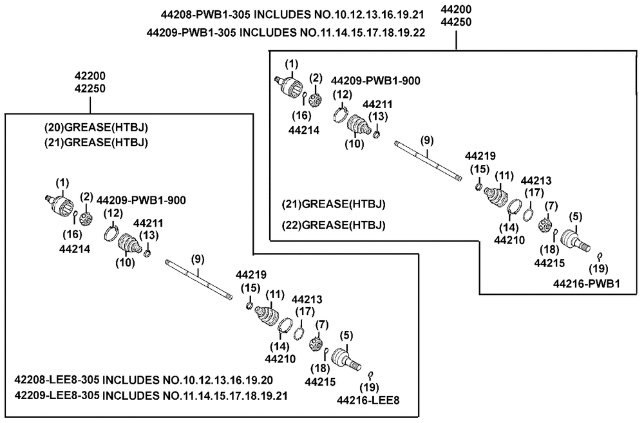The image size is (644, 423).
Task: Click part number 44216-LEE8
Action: [x=368, y=400]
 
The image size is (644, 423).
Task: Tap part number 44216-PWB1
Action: [x=586, y=283]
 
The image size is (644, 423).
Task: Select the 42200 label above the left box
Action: [x=90, y=76]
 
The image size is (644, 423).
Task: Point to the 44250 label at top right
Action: [x=456, y=22]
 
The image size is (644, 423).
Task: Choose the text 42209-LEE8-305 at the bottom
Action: [x=57, y=395]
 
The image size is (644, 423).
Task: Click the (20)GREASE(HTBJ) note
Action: [x=96, y=127]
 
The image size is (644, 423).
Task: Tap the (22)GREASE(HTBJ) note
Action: [x=334, y=225]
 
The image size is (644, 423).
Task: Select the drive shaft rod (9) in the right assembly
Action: [x=428, y=161]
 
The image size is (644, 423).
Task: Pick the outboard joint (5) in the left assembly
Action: [x=346, y=359]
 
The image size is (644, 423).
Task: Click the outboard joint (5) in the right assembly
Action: [x=575, y=241]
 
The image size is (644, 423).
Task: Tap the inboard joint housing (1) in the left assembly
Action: [x=60, y=204]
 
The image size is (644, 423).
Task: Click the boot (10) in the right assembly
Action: [x=359, y=126]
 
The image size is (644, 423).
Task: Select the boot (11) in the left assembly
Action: [x=267, y=317]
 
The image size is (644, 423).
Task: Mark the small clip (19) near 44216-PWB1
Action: [x=600, y=256]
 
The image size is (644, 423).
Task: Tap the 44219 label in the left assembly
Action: [x=251, y=274]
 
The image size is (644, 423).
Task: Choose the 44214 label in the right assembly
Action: [x=304, y=130]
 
